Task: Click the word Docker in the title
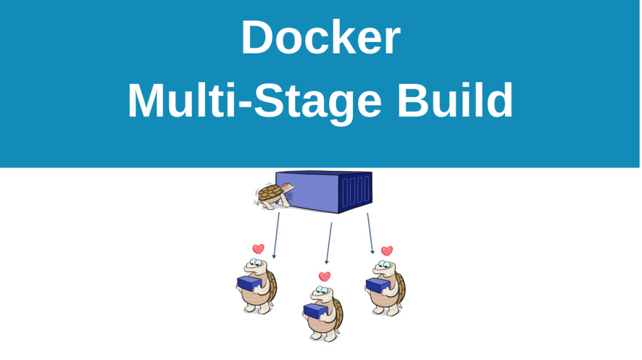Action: click(320, 38)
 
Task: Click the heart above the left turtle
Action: click(258, 249)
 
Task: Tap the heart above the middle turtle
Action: click(324, 277)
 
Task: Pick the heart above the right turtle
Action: click(387, 251)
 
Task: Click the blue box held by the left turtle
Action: click(249, 284)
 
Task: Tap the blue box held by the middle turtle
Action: click(315, 310)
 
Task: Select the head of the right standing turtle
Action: click(382, 267)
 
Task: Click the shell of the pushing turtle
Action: click(270, 192)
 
